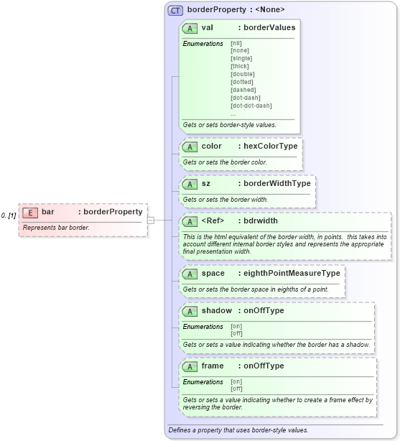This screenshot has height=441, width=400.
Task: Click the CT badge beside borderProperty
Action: click(x=175, y=10)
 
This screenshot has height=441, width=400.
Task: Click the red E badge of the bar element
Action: click(x=30, y=213)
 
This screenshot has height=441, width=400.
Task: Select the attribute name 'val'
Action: click(x=207, y=28)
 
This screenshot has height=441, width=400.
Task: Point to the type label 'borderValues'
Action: click(x=269, y=28)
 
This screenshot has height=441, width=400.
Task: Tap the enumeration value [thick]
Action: click(x=239, y=66)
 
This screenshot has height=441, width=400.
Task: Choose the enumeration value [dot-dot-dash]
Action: click(x=251, y=106)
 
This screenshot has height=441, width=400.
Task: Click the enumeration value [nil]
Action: click(x=236, y=43)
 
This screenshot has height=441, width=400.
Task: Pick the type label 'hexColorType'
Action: click(x=270, y=147)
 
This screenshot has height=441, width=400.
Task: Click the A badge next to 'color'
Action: click(x=190, y=147)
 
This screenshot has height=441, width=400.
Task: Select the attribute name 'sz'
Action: click(x=205, y=184)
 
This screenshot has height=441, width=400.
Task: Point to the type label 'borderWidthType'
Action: click(x=277, y=184)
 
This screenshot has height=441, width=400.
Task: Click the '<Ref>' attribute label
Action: click(x=215, y=221)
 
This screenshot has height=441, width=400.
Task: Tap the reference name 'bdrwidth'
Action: click(x=261, y=221)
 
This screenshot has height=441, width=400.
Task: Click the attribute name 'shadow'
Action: click(x=216, y=311)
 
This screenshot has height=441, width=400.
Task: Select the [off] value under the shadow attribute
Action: click(x=236, y=333)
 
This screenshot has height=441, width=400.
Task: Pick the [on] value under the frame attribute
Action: click(x=236, y=381)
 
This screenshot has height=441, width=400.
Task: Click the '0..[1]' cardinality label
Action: click(x=9, y=215)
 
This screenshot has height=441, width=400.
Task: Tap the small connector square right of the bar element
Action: click(x=151, y=220)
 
